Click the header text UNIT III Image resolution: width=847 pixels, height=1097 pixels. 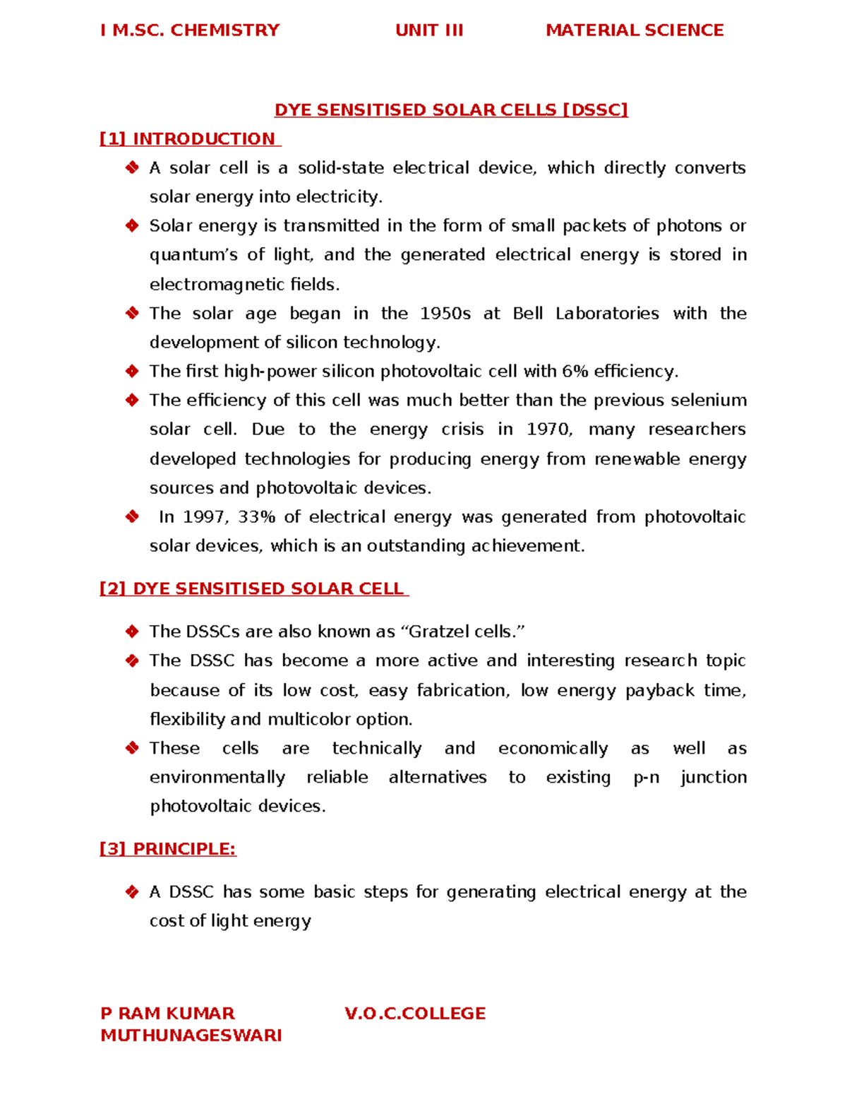(429, 30)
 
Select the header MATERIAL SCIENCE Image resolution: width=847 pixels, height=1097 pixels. (635, 30)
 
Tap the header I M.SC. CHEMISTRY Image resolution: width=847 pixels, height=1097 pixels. (190, 30)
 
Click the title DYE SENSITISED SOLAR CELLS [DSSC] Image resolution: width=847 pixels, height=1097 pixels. (451, 110)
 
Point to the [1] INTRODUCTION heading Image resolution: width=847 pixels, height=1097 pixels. (190, 139)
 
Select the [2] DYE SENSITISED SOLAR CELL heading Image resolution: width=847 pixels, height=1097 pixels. (253, 589)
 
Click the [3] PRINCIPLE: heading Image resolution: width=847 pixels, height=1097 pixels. (168, 849)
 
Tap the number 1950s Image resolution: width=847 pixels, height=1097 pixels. (445, 314)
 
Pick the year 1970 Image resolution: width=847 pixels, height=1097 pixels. (549, 429)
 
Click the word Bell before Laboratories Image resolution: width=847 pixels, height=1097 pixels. (527, 314)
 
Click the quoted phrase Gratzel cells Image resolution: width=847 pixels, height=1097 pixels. (467, 631)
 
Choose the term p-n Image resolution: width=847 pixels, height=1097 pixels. (646, 778)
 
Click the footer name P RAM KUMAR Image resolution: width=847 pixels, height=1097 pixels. (167, 1014)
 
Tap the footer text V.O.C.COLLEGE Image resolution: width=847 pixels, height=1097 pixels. (415, 1014)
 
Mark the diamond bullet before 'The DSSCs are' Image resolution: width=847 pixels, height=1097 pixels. (132, 631)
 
